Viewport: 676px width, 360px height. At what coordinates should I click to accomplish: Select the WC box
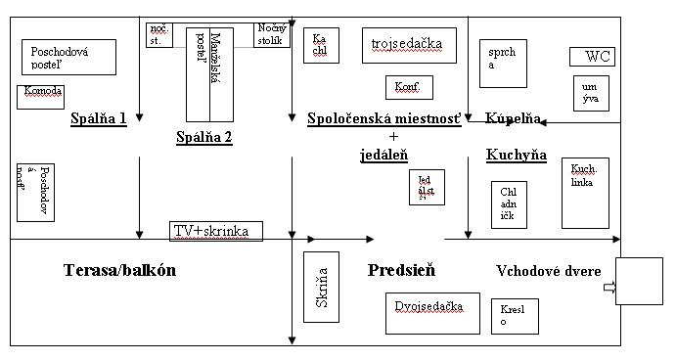593,57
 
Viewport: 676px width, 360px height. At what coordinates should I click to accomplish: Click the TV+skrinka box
216,231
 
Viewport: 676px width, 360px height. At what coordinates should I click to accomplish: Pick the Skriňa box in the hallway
322,287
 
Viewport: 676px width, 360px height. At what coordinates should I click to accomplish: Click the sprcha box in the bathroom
503,63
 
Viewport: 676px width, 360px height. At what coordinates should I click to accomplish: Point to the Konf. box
407,87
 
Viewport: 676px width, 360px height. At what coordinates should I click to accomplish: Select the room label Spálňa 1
99,119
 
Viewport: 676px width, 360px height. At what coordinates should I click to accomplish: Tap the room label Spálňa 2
203,137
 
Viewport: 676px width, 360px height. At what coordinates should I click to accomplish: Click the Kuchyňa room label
516,155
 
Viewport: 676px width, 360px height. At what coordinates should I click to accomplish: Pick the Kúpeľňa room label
513,118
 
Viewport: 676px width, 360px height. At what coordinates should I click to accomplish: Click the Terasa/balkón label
119,271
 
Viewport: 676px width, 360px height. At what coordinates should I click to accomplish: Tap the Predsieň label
401,270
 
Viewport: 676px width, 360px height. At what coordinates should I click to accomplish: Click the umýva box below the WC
589,92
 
